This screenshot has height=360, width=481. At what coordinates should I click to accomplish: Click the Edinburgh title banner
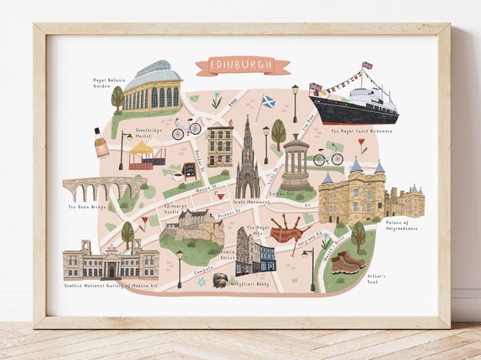pos(242,66)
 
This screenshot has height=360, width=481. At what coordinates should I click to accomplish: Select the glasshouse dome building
pos(152,86)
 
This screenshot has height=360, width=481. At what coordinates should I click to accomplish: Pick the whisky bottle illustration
pos(101,143)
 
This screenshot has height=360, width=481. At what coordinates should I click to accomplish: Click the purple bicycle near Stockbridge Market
pos(186,128)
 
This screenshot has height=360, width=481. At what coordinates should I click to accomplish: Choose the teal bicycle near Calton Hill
pos(327,157)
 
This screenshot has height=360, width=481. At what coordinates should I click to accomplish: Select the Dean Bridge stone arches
pos(103,187)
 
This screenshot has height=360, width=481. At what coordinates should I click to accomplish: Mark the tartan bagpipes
pos(287,229)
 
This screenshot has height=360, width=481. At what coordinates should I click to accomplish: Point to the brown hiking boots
pos(348,262)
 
